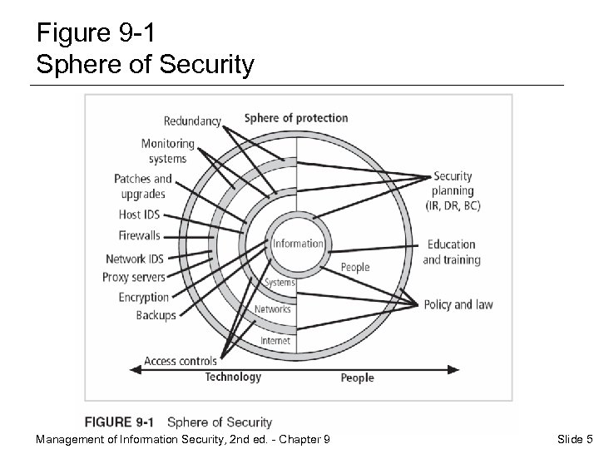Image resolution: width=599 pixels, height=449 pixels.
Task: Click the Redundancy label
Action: click(192, 121)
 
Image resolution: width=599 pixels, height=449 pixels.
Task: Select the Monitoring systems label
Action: click(167, 151)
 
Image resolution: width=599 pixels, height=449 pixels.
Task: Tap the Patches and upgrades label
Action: click(143, 186)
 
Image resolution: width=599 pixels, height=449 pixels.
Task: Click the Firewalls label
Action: click(139, 236)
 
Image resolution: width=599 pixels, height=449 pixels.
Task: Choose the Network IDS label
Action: click(136, 259)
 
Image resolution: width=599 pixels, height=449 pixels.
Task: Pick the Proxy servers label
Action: click(134, 277)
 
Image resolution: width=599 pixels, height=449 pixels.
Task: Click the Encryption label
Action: click(143, 297)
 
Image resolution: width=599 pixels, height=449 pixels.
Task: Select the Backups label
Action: click(156, 315)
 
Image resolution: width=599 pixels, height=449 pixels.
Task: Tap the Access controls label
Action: click(181, 361)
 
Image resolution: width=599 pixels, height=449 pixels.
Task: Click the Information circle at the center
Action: click(297, 244)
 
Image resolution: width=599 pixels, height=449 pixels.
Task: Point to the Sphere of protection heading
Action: click(295, 118)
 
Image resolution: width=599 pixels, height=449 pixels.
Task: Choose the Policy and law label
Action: click(458, 304)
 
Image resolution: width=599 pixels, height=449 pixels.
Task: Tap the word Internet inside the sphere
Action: click(275, 341)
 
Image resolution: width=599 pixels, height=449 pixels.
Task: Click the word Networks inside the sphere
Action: click(273, 309)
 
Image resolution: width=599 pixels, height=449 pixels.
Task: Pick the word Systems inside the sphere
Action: click(280, 284)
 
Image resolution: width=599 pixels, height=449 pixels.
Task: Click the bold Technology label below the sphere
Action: click(233, 377)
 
